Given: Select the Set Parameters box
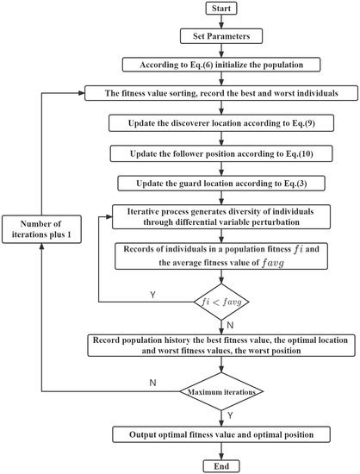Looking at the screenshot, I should [x=221, y=37].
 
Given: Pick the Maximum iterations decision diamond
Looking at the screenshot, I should [x=221, y=394].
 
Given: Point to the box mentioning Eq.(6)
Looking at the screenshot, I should [x=221, y=64].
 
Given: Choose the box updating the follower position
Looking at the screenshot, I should [x=221, y=153].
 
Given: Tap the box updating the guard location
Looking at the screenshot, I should [x=221, y=184].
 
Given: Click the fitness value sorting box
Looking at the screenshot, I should [x=221, y=91].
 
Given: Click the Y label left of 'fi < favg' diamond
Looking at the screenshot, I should [x=152, y=294].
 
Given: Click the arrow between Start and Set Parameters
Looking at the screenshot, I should [x=221, y=24].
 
